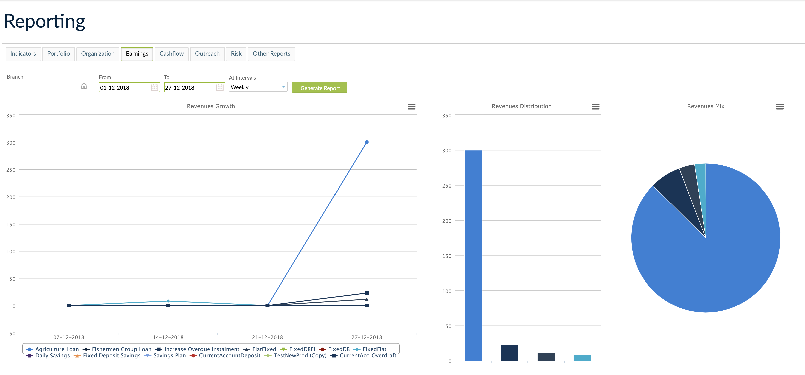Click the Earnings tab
[x=137, y=54]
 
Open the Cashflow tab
[x=172, y=54]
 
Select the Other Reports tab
[x=271, y=54]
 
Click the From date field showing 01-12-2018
[x=124, y=88]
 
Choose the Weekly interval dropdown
[x=258, y=87]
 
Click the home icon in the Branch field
[x=84, y=86]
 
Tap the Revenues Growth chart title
[x=211, y=106]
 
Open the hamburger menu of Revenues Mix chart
[x=780, y=107]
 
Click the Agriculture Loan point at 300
[x=367, y=142]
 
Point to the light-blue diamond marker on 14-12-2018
[x=168, y=301]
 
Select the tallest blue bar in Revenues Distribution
[x=473, y=255]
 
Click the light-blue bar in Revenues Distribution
[x=582, y=358]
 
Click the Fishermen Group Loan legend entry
[x=121, y=349]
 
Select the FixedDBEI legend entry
[x=302, y=349]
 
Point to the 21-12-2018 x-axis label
[x=267, y=337]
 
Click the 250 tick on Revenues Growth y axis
[x=11, y=170]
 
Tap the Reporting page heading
[x=44, y=21]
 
